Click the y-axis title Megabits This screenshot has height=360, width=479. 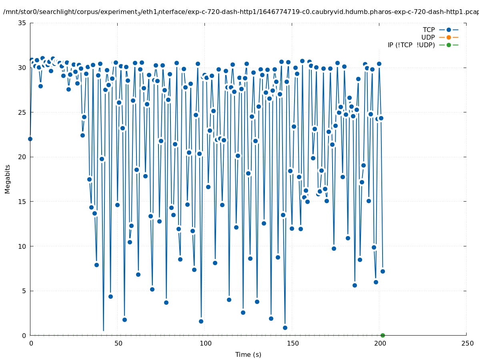(8, 179)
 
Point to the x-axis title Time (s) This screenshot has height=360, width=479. (248, 354)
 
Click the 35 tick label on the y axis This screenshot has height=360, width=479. (22, 23)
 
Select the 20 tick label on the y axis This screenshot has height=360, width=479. (22, 157)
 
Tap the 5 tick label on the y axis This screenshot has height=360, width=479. (24, 291)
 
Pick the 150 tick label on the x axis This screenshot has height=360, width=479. (293, 343)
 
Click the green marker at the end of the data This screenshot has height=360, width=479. (383, 335)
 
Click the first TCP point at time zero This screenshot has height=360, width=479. (30, 139)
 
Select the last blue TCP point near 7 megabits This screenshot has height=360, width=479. (383, 271)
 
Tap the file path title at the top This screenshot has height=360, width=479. (240, 12)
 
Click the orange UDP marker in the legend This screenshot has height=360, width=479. (449, 37)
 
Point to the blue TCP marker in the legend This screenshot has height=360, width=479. (449, 30)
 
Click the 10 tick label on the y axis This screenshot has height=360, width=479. (22, 246)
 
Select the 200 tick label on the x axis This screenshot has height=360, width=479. (380, 343)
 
